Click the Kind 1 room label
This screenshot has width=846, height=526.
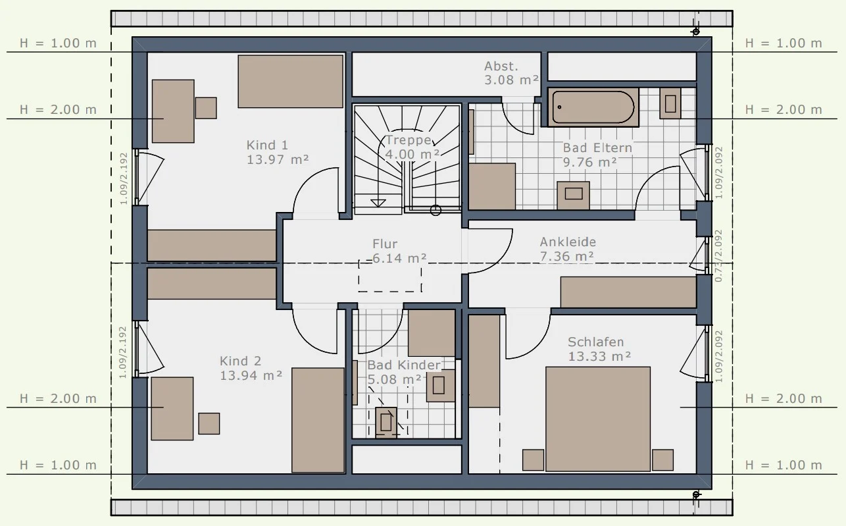[267, 145]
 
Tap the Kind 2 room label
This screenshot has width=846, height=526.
[241, 361]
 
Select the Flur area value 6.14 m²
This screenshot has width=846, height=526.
[399, 258]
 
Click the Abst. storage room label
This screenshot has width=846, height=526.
[501, 66]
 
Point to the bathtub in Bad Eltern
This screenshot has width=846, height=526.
[593, 107]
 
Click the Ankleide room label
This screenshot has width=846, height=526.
[568, 242]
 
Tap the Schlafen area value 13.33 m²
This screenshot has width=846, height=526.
[600, 356]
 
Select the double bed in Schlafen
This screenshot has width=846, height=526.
[598, 419]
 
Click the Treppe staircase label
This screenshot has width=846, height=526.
[408, 140]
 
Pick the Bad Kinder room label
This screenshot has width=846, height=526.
[404, 365]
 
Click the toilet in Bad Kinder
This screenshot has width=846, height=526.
[386, 422]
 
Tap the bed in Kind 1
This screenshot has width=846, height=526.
[290, 81]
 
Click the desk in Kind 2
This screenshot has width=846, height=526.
[172, 408]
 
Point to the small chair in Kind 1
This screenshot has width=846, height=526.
[206, 108]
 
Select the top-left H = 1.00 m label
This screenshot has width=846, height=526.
[58, 43]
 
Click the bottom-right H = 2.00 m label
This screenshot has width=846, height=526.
[784, 399]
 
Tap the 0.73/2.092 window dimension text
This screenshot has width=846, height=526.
[718, 256]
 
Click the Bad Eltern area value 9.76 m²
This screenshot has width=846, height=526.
[590, 162]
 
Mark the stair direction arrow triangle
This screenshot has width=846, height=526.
[378, 203]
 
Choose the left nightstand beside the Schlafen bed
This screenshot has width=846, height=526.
[534, 460]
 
